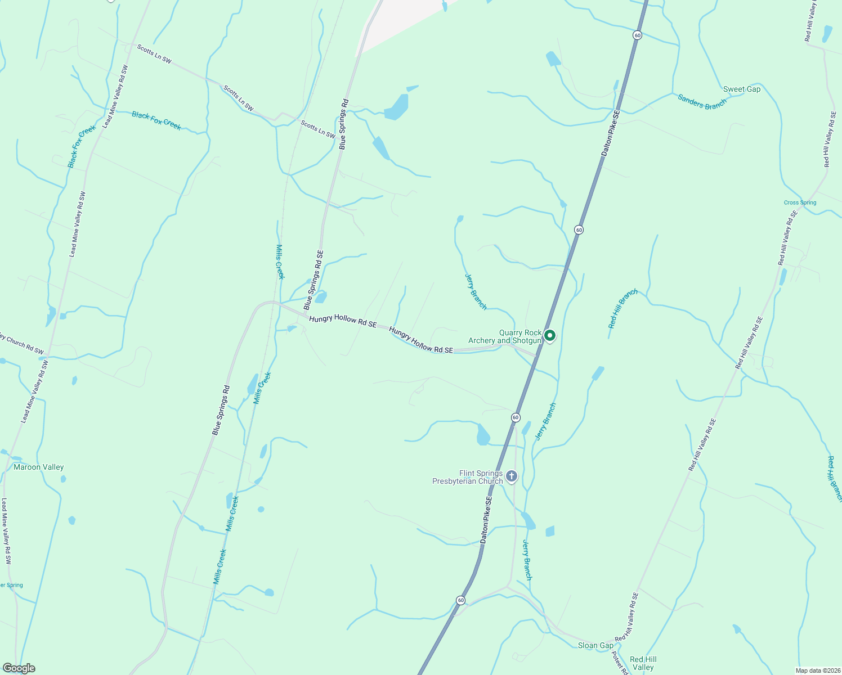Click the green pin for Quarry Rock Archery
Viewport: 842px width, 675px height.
pos(550,336)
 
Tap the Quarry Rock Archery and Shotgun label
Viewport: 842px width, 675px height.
pos(505,336)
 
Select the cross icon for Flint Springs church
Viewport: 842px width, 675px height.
pos(512,477)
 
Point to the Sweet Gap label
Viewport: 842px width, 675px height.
pos(741,89)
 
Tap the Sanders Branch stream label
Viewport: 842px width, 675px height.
pos(702,102)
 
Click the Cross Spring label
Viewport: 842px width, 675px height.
pos(800,202)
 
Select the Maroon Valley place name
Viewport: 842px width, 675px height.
pos(39,467)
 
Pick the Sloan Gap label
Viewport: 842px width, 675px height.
pos(595,645)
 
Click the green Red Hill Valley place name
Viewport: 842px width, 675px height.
pos(643,663)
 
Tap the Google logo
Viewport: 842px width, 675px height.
pos(19,668)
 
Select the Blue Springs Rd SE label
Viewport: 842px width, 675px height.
pos(313,280)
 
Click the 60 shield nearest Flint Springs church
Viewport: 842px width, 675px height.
pos(516,417)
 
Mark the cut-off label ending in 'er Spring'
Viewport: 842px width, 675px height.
pos(11,585)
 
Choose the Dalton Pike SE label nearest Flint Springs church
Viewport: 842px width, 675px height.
pos(487,519)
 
